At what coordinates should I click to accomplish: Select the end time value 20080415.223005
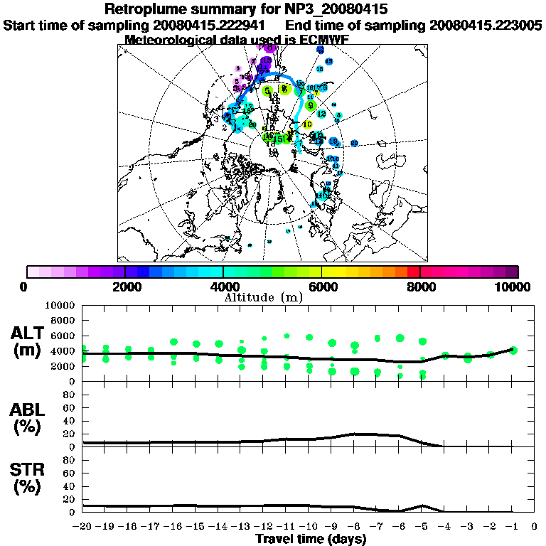click(x=486, y=25)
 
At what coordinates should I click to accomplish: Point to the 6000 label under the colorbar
click(x=323, y=287)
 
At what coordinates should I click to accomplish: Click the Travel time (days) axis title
click(x=311, y=539)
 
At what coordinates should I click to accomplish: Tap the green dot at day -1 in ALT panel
click(x=513, y=350)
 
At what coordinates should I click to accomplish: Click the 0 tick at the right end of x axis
click(x=535, y=527)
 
